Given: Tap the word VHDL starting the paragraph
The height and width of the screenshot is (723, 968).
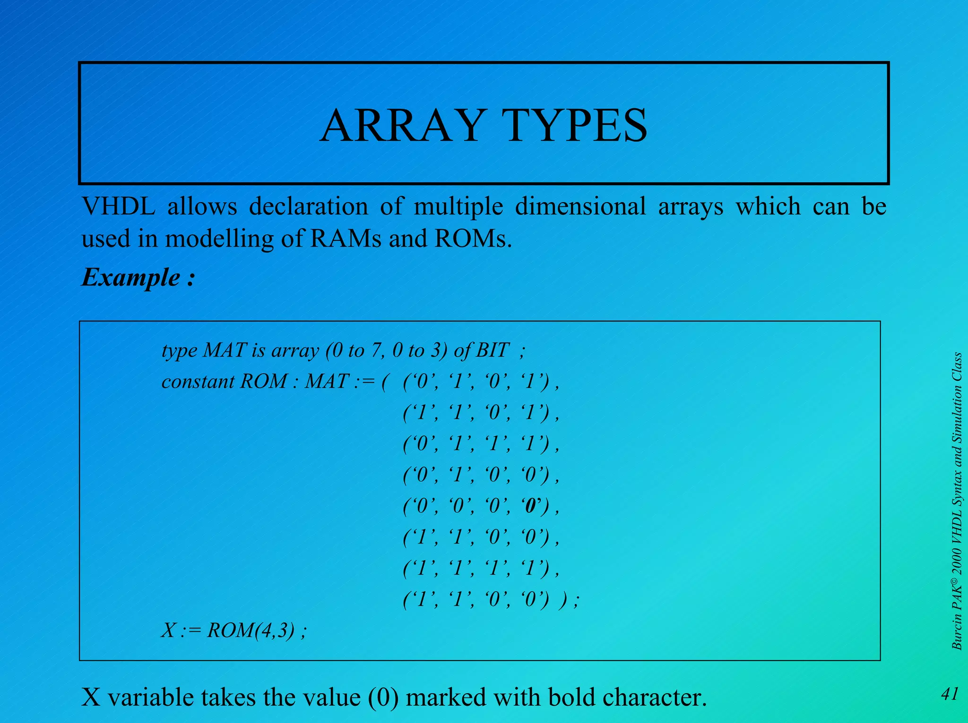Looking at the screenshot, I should tap(118, 206).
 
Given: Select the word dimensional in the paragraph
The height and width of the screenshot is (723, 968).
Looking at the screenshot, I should tap(580, 206).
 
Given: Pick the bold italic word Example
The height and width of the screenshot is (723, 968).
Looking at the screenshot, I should tap(131, 277).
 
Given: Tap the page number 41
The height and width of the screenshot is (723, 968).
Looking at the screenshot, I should tap(949, 694).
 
